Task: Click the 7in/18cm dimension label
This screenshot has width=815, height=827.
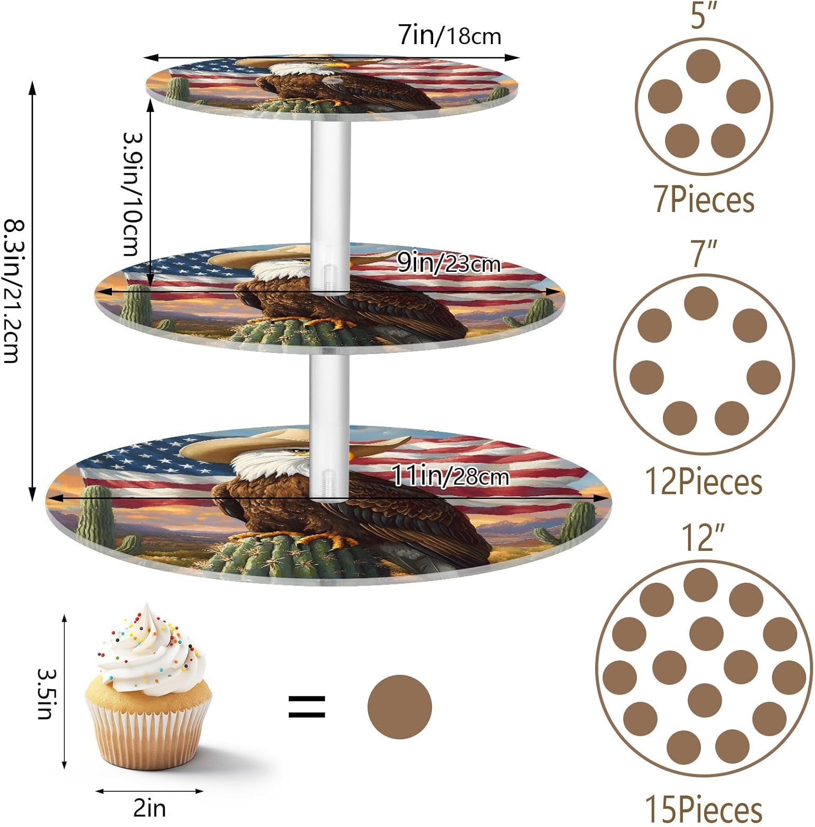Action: click(450, 36)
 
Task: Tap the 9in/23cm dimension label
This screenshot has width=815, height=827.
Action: click(449, 264)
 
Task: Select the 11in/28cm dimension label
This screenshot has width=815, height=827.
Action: click(450, 476)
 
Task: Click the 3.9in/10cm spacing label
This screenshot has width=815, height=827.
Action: click(133, 194)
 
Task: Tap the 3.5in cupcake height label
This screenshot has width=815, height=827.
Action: click(46, 694)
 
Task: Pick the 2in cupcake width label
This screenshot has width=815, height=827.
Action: click(149, 808)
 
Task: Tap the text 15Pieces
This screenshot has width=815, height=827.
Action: click(704, 809)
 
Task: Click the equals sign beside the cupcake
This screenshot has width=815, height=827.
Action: click(307, 707)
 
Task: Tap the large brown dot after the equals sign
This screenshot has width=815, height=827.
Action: click(400, 707)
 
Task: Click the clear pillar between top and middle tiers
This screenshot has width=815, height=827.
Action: click(331, 182)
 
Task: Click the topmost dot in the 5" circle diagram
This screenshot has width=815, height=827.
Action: click(704, 66)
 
